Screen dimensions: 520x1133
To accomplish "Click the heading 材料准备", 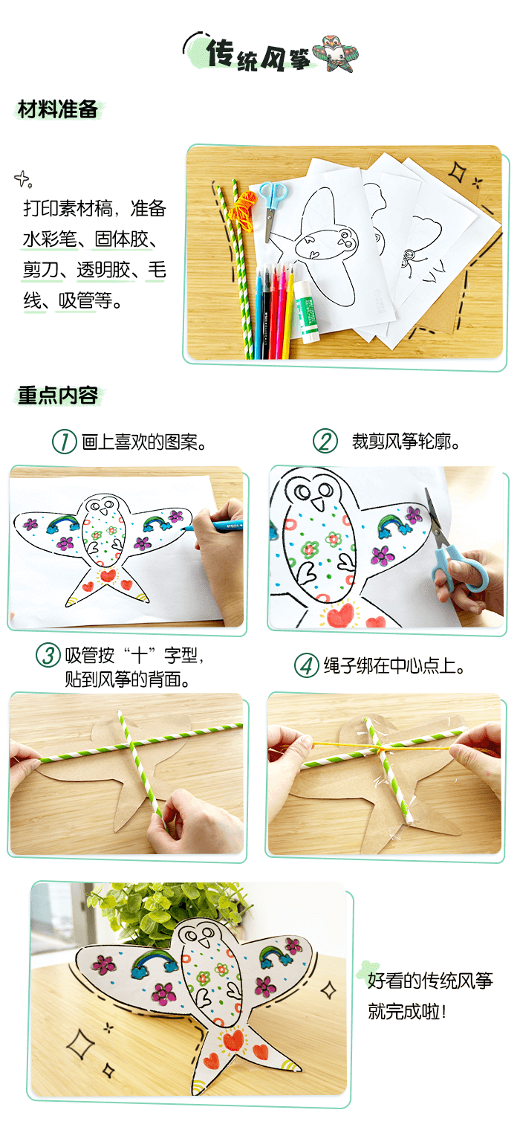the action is (58, 109).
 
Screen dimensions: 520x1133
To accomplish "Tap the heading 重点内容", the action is (58, 395).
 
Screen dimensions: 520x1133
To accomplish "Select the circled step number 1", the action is (65, 442).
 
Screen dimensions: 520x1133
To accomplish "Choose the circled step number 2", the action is (325, 441).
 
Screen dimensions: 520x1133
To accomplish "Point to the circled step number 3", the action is (48, 656).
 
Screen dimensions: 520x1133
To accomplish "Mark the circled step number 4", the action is (307, 665).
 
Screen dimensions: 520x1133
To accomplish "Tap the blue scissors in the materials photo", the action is (272, 207).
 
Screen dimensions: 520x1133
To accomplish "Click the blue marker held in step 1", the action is (212, 526).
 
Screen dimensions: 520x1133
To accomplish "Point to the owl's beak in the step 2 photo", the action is (317, 503).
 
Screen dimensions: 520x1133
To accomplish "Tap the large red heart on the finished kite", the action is (233, 1040).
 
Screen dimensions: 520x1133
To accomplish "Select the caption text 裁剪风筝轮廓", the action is (401, 442).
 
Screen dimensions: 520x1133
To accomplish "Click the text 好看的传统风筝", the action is (429, 981).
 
